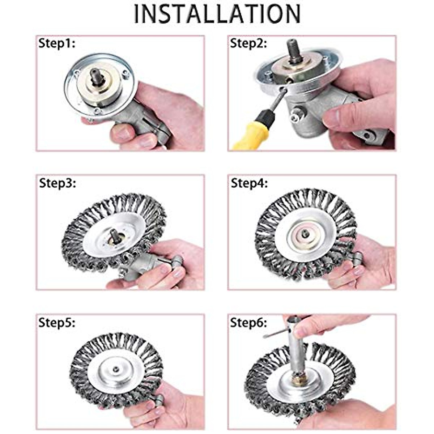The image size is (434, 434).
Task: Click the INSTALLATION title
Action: point(217,14)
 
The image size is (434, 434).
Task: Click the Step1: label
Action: point(57,44)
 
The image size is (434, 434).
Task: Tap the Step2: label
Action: point(248,44)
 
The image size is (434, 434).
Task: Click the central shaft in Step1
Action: point(97,77)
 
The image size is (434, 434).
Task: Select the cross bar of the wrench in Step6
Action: point(275,333)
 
